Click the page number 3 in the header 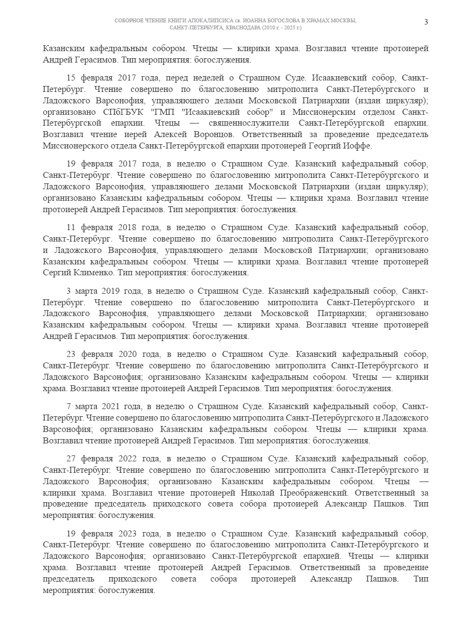click(x=426, y=21)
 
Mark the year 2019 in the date click(x=119, y=291)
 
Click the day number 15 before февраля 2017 click(x=72, y=78)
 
